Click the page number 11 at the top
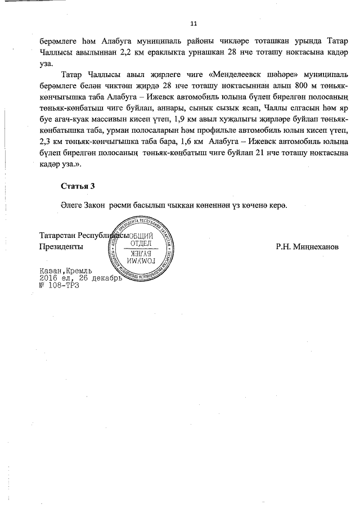pyautogui.click(x=193, y=24)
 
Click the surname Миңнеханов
pyautogui.click(x=307, y=246)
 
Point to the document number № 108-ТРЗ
pyautogui.click(x=56, y=285)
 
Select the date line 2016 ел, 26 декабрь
pyautogui.click(x=80, y=278)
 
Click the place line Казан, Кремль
pyautogui.click(x=61, y=271)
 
